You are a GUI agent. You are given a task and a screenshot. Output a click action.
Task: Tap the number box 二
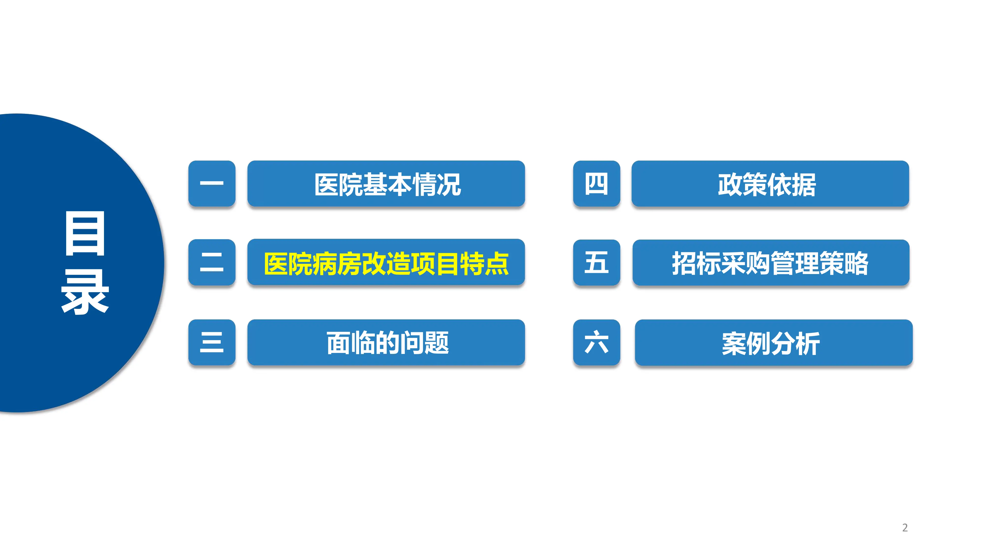click(x=212, y=262)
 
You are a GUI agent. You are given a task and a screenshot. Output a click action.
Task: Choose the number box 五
click(x=596, y=262)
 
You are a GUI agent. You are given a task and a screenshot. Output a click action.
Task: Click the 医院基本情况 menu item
click(x=386, y=184)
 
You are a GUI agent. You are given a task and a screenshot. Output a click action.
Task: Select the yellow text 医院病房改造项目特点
click(x=386, y=263)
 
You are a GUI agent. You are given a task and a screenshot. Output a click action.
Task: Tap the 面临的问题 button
click(x=386, y=343)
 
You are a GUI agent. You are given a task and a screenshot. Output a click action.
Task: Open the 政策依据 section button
click(x=770, y=184)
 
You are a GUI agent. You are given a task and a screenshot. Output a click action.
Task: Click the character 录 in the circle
click(x=85, y=292)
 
